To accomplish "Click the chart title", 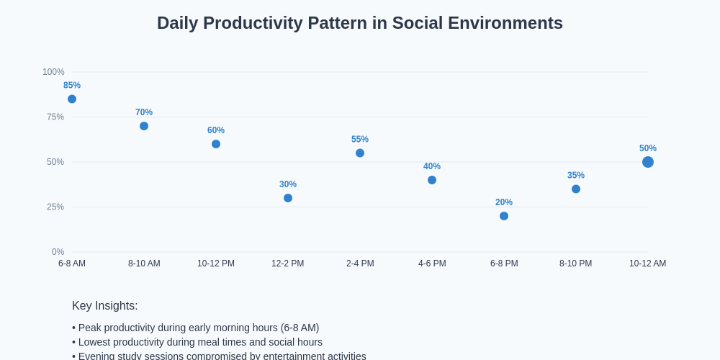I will pyautogui.click(x=360, y=23).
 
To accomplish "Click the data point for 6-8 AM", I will pyautogui.click(x=72, y=99).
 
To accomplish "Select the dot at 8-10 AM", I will pyautogui.click(x=144, y=126).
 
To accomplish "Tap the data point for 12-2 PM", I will pyautogui.click(x=288, y=198).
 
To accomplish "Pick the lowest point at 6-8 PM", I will pyautogui.click(x=504, y=216).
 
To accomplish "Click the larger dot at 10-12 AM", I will pyautogui.click(x=648, y=162).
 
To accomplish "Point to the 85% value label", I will pyautogui.click(x=72, y=85).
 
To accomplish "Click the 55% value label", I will pyautogui.click(x=360, y=139).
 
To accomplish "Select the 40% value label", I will pyautogui.click(x=432, y=166).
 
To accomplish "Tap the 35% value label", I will pyautogui.click(x=576, y=175).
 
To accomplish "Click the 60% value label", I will pyautogui.click(x=216, y=130).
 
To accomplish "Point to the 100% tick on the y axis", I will pyautogui.click(x=53, y=72).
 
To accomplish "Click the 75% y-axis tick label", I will pyautogui.click(x=55, y=117).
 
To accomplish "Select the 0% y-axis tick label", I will pyautogui.click(x=58, y=252).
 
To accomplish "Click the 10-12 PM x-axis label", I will pyautogui.click(x=216, y=264).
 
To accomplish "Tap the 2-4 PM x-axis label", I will pyautogui.click(x=360, y=264).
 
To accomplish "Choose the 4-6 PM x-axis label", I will pyautogui.click(x=432, y=264).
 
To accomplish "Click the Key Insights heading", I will pyautogui.click(x=105, y=305).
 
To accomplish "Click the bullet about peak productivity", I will pyautogui.click(x=196, y=328).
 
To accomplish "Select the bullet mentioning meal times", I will pyautogui.click(x=197, y=342).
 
